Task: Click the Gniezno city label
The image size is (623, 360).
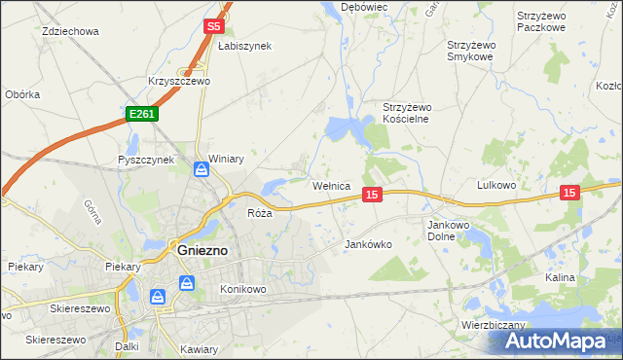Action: tap(202, 249)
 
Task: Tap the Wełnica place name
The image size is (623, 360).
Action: tap(330, 185)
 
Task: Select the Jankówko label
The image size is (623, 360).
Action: tap(369, 245)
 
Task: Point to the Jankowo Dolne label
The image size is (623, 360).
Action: tap(450, 230)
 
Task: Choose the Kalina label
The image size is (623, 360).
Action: tap(560, 277)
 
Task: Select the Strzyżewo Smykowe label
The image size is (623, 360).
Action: tap(472, 51)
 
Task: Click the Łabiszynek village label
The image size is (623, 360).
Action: tap(244, 46)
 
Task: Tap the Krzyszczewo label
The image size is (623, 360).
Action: tap(179, 82)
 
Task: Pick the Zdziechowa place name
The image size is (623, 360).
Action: tap(71, 31)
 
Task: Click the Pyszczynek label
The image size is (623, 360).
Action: tap(145, 160)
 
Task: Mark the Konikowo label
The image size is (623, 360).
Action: tap(242, 289)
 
